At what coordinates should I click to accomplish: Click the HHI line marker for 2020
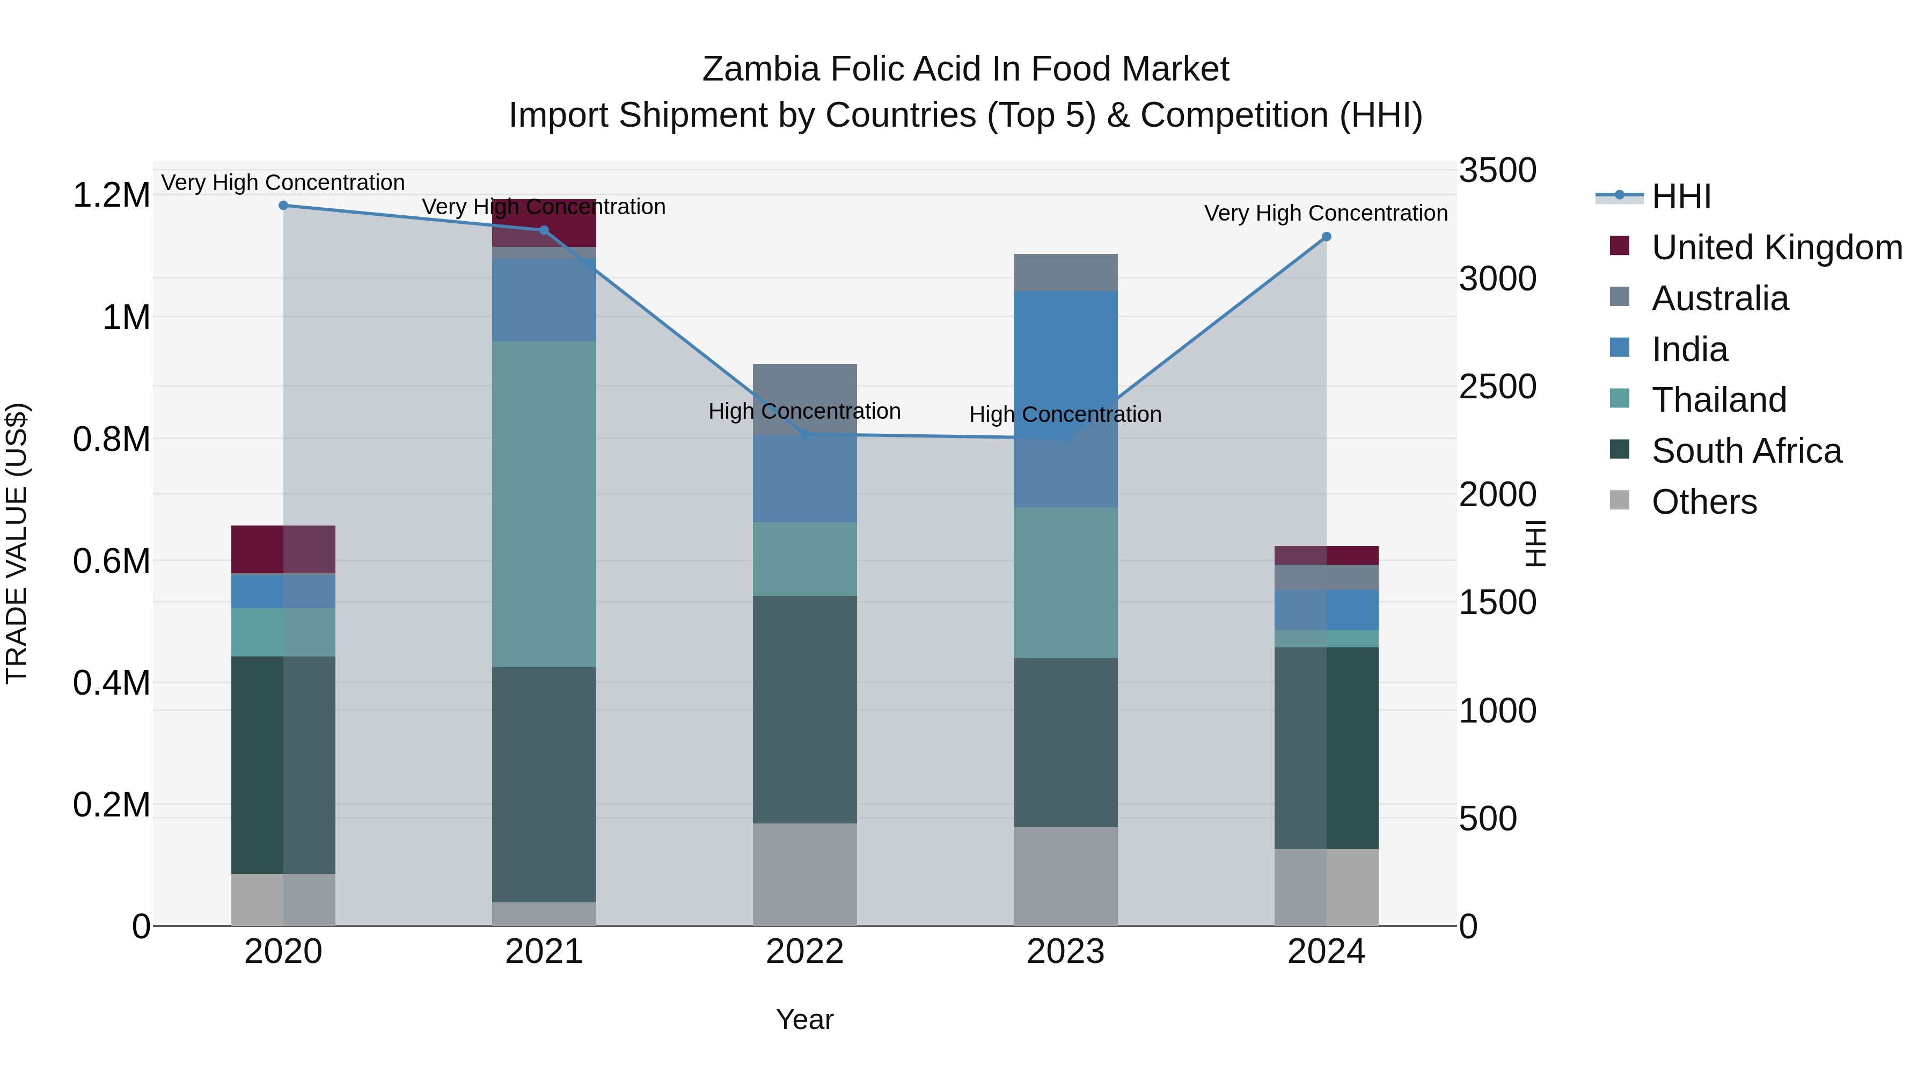[283, 206]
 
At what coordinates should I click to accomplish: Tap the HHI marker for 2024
[1326, 237]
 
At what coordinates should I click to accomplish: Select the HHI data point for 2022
[806, 434]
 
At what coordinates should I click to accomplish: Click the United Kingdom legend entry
[1776, 247]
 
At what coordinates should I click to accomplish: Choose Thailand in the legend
[1718, 400]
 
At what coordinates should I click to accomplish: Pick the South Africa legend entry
[1746, 451]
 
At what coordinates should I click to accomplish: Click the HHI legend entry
[1681, 196]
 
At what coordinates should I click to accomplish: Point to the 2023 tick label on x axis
[1065, 952]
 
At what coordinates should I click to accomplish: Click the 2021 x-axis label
[544, 952]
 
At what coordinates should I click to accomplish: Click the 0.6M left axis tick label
[111, 561]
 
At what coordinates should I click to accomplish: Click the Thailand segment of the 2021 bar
[544, 504]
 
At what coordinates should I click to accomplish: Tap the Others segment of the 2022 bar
[805, 875]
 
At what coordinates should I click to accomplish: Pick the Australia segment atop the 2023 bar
[1065, 272]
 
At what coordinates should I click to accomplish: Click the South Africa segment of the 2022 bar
[805, 710]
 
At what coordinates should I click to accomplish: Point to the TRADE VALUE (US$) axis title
[17, 543]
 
